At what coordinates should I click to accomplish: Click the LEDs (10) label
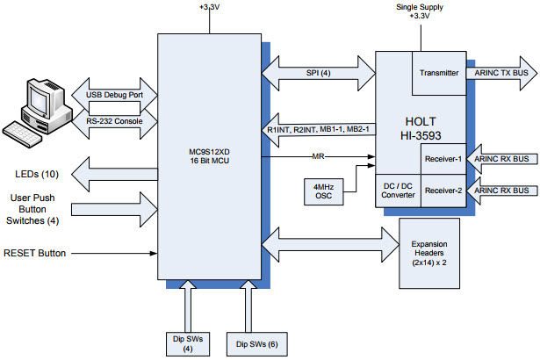[34, 173]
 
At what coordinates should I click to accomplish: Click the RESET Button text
[36, 253]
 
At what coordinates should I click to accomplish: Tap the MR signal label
[320, 158]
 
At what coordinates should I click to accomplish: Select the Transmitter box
[439, 73]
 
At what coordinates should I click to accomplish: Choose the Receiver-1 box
[443, 159]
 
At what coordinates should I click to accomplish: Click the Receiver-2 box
[443, 190]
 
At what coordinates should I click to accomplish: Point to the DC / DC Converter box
[398, 190]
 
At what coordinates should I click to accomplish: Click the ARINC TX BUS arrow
[499, 73]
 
